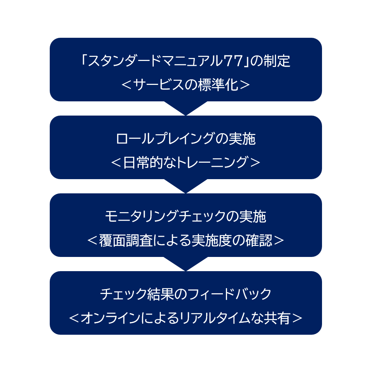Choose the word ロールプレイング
pos(166,139)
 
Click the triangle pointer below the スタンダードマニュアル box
pos(186,108)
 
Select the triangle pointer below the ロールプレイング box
pos(186,186)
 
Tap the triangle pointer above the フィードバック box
pos(186,264)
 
